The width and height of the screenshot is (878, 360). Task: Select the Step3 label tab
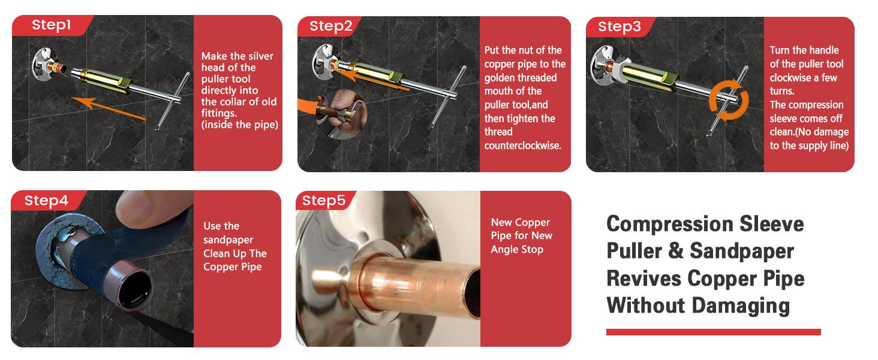pos(620,26)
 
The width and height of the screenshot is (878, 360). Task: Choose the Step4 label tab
pos(46,200)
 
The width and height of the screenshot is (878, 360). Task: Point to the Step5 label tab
pos(324,200)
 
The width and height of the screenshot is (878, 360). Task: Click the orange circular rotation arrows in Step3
pos(728,98)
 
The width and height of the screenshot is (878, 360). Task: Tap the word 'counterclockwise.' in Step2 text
pos(522,145)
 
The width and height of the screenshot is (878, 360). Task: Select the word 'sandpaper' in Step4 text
pos(228,240)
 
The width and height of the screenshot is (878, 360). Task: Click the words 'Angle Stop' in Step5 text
pos(517,249)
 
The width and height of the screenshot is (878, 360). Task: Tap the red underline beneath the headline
pos(713,332)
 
